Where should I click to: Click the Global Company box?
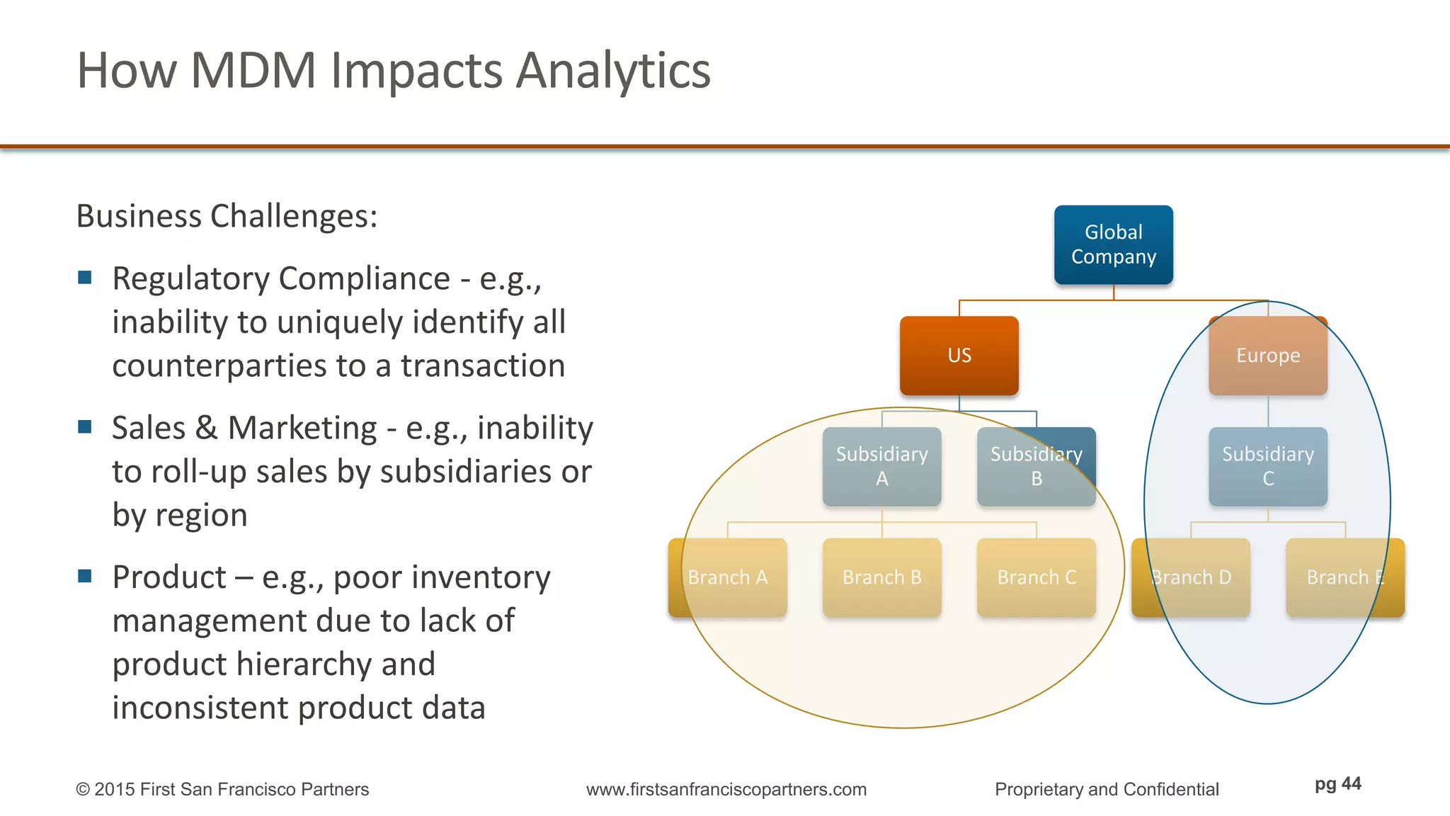1113,244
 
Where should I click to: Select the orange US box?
959,355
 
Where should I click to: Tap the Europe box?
1267,355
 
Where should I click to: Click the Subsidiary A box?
881,466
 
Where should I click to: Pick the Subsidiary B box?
1036,466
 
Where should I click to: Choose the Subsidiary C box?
1267,466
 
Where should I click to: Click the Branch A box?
727,577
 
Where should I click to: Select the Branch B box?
881,577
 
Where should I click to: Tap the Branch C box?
1036,577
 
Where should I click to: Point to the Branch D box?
1191,577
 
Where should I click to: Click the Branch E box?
1345,577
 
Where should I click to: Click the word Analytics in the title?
612,71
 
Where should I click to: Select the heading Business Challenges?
227,216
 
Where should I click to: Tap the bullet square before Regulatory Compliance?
85,277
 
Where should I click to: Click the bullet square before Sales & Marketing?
85,426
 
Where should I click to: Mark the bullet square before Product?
85,576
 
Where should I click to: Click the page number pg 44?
1337,783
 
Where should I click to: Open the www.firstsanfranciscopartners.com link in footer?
726,789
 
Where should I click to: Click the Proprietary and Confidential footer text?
1106,789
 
